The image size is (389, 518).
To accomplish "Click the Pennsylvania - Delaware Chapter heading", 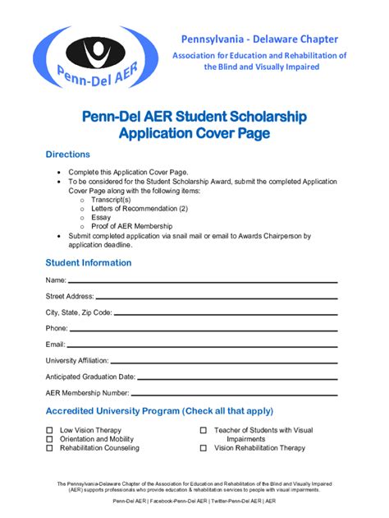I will [x=259, y=39].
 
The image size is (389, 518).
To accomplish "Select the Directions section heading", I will [x=67, y=155].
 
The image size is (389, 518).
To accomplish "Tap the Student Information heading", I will [x=88, y=263].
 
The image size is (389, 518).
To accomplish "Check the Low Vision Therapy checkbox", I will [x=50, y=431].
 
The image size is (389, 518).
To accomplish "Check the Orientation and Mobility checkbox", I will [x=50, y=440].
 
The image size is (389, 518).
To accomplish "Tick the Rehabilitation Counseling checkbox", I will [x=50, y=449].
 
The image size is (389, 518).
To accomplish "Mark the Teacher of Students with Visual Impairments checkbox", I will [x=203, y=431].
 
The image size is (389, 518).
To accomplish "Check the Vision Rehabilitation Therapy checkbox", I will [x=203, y=449].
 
